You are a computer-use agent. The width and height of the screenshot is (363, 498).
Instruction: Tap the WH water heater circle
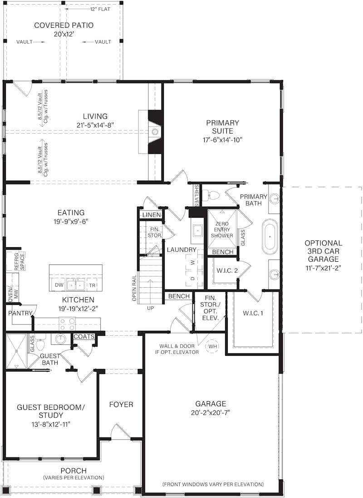pyautogui.click(x=213, y=346)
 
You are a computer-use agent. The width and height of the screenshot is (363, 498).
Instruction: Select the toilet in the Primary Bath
pyautogui.click(x=211, y=194)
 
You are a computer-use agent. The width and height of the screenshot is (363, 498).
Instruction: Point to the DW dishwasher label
pyautogui.click(x=59, y=285)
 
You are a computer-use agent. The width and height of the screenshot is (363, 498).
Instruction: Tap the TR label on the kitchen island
pyautogui.click(x=92, y=285)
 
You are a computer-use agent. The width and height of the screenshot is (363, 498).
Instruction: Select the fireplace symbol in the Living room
pyautogui.click(x=155, y=132)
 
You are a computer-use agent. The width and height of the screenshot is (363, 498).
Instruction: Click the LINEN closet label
pyautogui.click(x=152, y=215)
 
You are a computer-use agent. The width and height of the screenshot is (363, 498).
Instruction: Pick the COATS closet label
pyautogui.click(x=84, y=336)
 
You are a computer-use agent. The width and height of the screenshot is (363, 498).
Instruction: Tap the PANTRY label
pyautogui.click(x=20, y=313)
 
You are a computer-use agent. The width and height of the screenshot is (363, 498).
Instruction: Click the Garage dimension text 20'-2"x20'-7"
pyautogui.click(x=211, y=413)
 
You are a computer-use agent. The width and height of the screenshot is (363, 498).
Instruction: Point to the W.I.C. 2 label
pyautogui.click(x=227, y=271)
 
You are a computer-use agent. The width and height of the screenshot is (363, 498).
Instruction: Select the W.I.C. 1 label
pyautogui.click(x=253, y=313)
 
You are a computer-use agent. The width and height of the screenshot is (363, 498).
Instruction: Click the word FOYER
pyautogui.click(x=121, y=404)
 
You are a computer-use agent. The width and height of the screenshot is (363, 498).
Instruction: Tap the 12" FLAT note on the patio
pyautogui.click(x=100, y=9)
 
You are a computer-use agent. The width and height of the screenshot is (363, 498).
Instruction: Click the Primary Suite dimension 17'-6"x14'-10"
pyautogui.click(x=222, y=140)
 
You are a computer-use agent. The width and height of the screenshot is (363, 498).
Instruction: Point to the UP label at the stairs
pyautogui.click(x=151, y=308)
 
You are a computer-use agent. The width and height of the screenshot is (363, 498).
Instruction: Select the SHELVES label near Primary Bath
pyautogui.click(x=196, y=195)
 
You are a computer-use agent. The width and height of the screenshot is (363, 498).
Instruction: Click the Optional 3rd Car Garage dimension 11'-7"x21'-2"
pyautogui.click(x=324, y=268)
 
